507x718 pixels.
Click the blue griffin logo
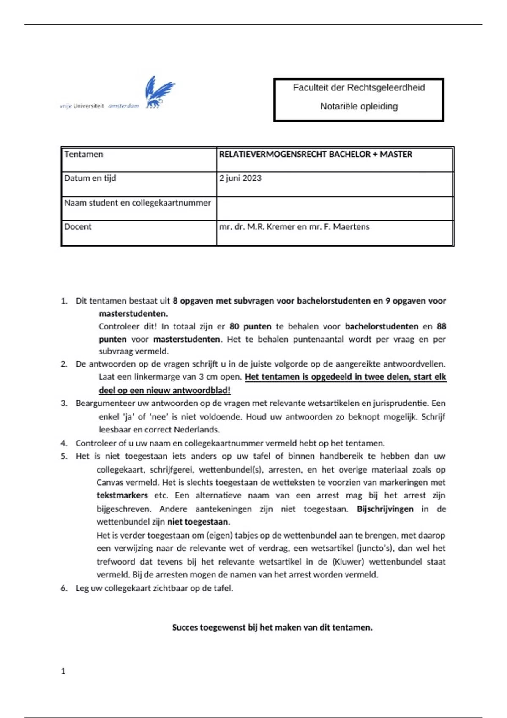[x=160, y=92]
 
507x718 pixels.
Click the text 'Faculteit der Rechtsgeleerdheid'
[x=359, y=88]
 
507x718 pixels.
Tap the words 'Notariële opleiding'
[x=359, y=106]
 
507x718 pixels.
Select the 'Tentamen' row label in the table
[x=84, y=155]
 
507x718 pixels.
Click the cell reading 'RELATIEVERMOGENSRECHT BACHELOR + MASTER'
[x=316, y=155]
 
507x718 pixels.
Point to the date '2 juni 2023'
[x=240, y=178]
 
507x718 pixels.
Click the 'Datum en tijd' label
[x=90, y=178]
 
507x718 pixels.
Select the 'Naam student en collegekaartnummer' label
[x=137, y=203]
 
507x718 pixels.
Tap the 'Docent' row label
[x=78, y=227]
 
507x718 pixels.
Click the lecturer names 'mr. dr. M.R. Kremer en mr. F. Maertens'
[x=294, y=227]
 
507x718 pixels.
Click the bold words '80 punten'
[x=250, y=326]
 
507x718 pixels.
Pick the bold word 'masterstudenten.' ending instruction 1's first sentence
[x=134, y=314]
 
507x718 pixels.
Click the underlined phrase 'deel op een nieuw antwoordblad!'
[x=165, y=390]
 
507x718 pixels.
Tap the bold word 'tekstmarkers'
[x=122, y=495]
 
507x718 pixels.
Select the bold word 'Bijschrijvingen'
[x=385, y=509]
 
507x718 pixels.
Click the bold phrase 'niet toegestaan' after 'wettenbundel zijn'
[x=198, y=522]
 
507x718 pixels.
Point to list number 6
[x=64, y=588]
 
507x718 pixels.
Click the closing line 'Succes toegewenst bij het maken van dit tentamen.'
[x=272, y=628]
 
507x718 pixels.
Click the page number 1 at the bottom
[x=63, y=671]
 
